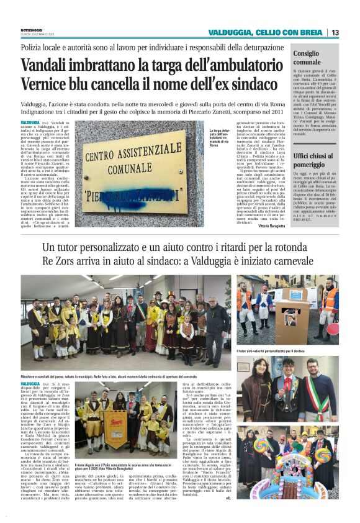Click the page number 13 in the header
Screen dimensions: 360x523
pyautogui.click(x=335, y=32)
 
